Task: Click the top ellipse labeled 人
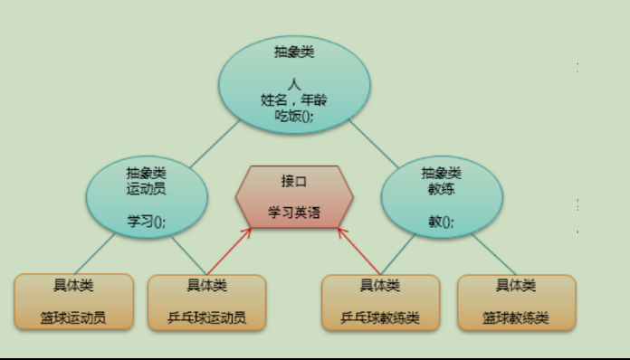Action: (x=294, y=85)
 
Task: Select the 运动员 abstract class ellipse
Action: (x=147, y=197)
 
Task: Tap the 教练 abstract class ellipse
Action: (x=442, y=197)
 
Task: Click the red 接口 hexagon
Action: (x=294, y=197)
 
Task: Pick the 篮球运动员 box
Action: (x=74, y=302)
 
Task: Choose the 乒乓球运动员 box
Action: (x=207, y=302)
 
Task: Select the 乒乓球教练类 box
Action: (x=381, y=302)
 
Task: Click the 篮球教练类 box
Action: (x=517, y=302)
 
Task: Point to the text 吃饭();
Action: (x=294, y=116)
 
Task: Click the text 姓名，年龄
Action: (x=294, y=99)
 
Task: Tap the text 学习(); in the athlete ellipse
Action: (x=147, y=221)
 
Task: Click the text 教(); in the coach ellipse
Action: (x=441, y=221)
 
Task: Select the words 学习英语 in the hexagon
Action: (x=294, y=213)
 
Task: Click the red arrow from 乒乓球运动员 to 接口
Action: (x=229, y=251)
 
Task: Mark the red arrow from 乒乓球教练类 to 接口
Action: (x=359, y=251)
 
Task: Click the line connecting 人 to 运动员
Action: (x=215, y=143)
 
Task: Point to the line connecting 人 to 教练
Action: (x=373, y=144)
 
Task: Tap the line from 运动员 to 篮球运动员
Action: (x=94, y=254)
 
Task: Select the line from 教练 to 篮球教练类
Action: (x=494, y=254)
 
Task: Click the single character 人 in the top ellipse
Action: (x=294, y=84)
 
